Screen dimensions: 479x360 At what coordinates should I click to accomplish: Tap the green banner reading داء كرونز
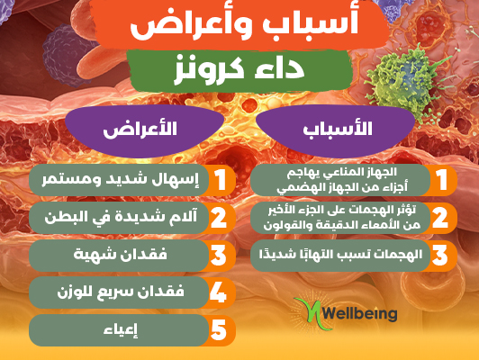pyautogui.click(x=239, y=70)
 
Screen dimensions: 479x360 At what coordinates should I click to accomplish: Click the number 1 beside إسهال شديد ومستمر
pyautogui.click(x=220, y=180)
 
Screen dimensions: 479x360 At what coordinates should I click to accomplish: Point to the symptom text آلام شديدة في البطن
pyautogui.click(x=121, y=218)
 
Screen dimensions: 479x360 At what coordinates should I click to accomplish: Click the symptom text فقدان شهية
pyautogui.click(x=120, y=255)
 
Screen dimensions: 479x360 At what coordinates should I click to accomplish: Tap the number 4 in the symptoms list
pyautogui.click(x=218, y=292)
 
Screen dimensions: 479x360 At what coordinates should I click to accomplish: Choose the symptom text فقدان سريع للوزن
pyautogui.click(x=121, y=292)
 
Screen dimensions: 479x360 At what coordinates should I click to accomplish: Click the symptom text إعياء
pyautogui.click(x=121, y=330)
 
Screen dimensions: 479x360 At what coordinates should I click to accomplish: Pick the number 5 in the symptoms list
pyautogui.click(x=219, y=330)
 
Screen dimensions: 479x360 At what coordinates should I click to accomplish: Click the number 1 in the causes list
pyautogui.click(x=441, y=180)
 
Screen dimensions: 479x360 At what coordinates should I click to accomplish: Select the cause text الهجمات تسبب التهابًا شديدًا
pyautogui.click(x=340, y=255)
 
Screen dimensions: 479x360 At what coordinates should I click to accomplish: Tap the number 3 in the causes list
pyautogui.click(x=440, y=255)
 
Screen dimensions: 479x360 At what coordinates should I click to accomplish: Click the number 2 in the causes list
pyautogui.click(x=440, y=218)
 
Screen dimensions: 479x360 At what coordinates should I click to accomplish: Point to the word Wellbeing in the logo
pyautogui.click(x=360, y=313)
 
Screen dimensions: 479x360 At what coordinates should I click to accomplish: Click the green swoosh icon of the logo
pyautogui.click(x=311, y=313)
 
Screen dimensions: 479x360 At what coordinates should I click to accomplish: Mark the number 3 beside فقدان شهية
pyautogui.click(x=219, y=255)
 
